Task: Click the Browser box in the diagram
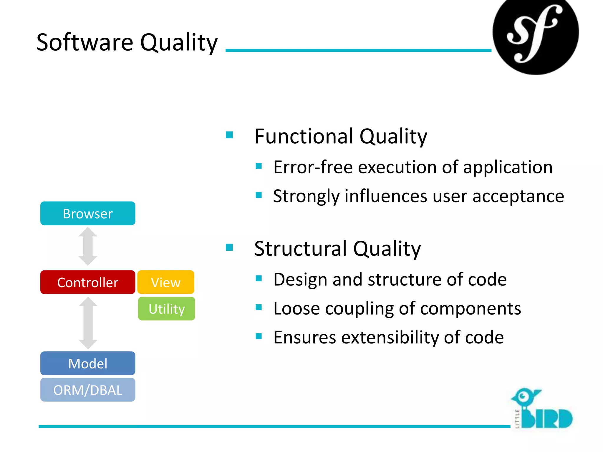click(x=88, y=213)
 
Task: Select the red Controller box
click(x=88, y=282)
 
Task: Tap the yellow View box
click(x=166, y=282)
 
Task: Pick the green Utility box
click(x=167, y=309)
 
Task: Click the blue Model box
click(x=88, y=363)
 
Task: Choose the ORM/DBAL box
click(x=88, y=390)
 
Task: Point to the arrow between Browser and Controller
click(x=88, y=247)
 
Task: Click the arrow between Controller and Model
click(x=88, y=323)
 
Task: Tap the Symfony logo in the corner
click(x=536, y=34)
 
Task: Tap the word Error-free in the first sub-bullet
click(x=313, y=167)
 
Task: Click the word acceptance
click(x=518, y=196)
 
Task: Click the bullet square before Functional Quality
click(x=229, y=135)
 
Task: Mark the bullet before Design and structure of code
click(x=259, y=278)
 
